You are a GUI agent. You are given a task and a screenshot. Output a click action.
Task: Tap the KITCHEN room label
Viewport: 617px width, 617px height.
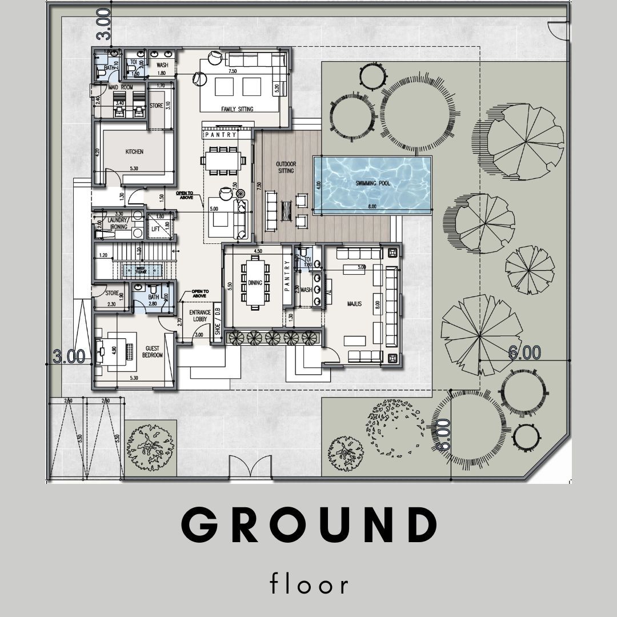point(134,151)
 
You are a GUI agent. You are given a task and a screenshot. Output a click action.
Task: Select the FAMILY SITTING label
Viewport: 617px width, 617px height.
point(237,109)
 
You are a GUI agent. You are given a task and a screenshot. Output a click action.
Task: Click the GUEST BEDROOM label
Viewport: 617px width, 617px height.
point(153,351)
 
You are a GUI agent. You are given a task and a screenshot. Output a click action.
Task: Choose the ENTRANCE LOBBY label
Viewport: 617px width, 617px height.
point(201,316)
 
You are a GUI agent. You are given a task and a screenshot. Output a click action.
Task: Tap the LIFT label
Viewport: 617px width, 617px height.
point(155,229)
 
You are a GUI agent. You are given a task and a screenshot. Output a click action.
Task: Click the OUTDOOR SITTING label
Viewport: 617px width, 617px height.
point(285,167)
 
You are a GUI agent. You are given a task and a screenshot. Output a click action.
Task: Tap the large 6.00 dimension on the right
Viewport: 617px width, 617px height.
point(524,353)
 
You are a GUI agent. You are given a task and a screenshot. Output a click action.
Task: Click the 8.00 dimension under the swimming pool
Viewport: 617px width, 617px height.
point(372,206)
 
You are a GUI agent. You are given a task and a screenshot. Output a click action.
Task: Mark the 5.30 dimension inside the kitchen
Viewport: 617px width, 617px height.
point(134,169)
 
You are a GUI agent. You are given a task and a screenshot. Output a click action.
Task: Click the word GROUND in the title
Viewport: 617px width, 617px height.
point(308,525)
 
